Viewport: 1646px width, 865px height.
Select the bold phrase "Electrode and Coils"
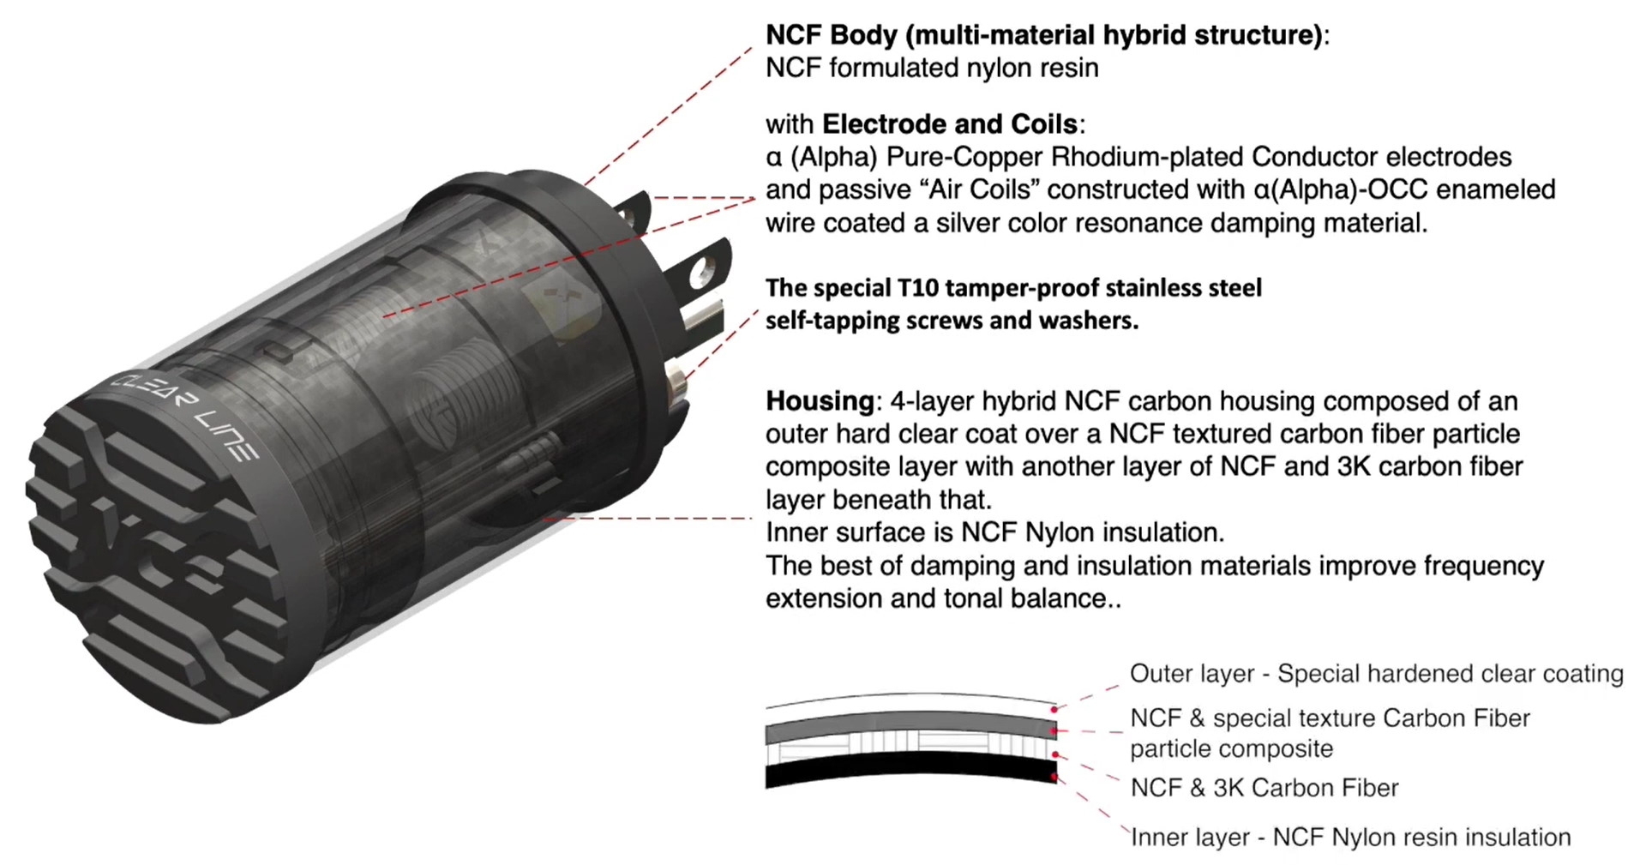click(x=949, y=124)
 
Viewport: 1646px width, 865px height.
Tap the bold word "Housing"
click(x=819, y=401)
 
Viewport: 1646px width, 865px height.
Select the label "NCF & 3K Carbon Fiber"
click(x=1264, y=788)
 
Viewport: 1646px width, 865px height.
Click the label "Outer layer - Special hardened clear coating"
click(x=1376, y=674)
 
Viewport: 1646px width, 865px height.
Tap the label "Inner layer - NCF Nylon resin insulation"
click(x=1350, y=838)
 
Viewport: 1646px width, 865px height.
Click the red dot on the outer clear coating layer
click(x=1053, y=710)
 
